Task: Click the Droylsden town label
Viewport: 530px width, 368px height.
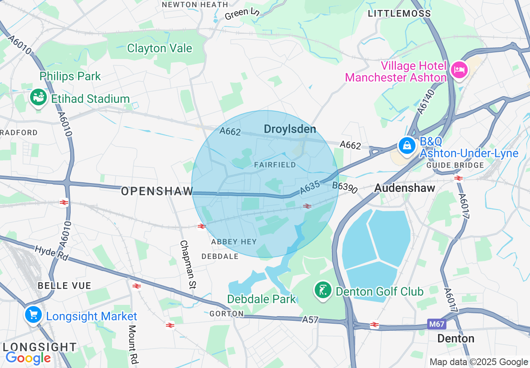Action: (x=290, y=129)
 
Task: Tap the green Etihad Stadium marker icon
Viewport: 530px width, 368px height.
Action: (x=38, y=97)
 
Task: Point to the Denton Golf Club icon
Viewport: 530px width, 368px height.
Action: (x=323, y=290)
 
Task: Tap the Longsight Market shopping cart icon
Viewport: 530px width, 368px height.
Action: (x=33, y=314)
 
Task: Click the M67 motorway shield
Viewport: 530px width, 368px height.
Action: (x=436, y=324)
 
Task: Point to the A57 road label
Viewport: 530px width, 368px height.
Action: (x=310, y=320)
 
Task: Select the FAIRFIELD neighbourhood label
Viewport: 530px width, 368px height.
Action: (x=275, y=165)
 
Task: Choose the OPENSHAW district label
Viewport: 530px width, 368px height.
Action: (x=157, y=192)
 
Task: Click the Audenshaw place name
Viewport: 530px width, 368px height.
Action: (x=405, y=188)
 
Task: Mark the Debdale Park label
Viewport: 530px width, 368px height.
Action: (x=261, y=299)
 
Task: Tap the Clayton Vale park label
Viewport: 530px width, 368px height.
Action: (x=159, y=49)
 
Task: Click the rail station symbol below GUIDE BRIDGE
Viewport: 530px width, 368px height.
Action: (x=459, y=178)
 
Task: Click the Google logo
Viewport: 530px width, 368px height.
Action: (x=28, y=358)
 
